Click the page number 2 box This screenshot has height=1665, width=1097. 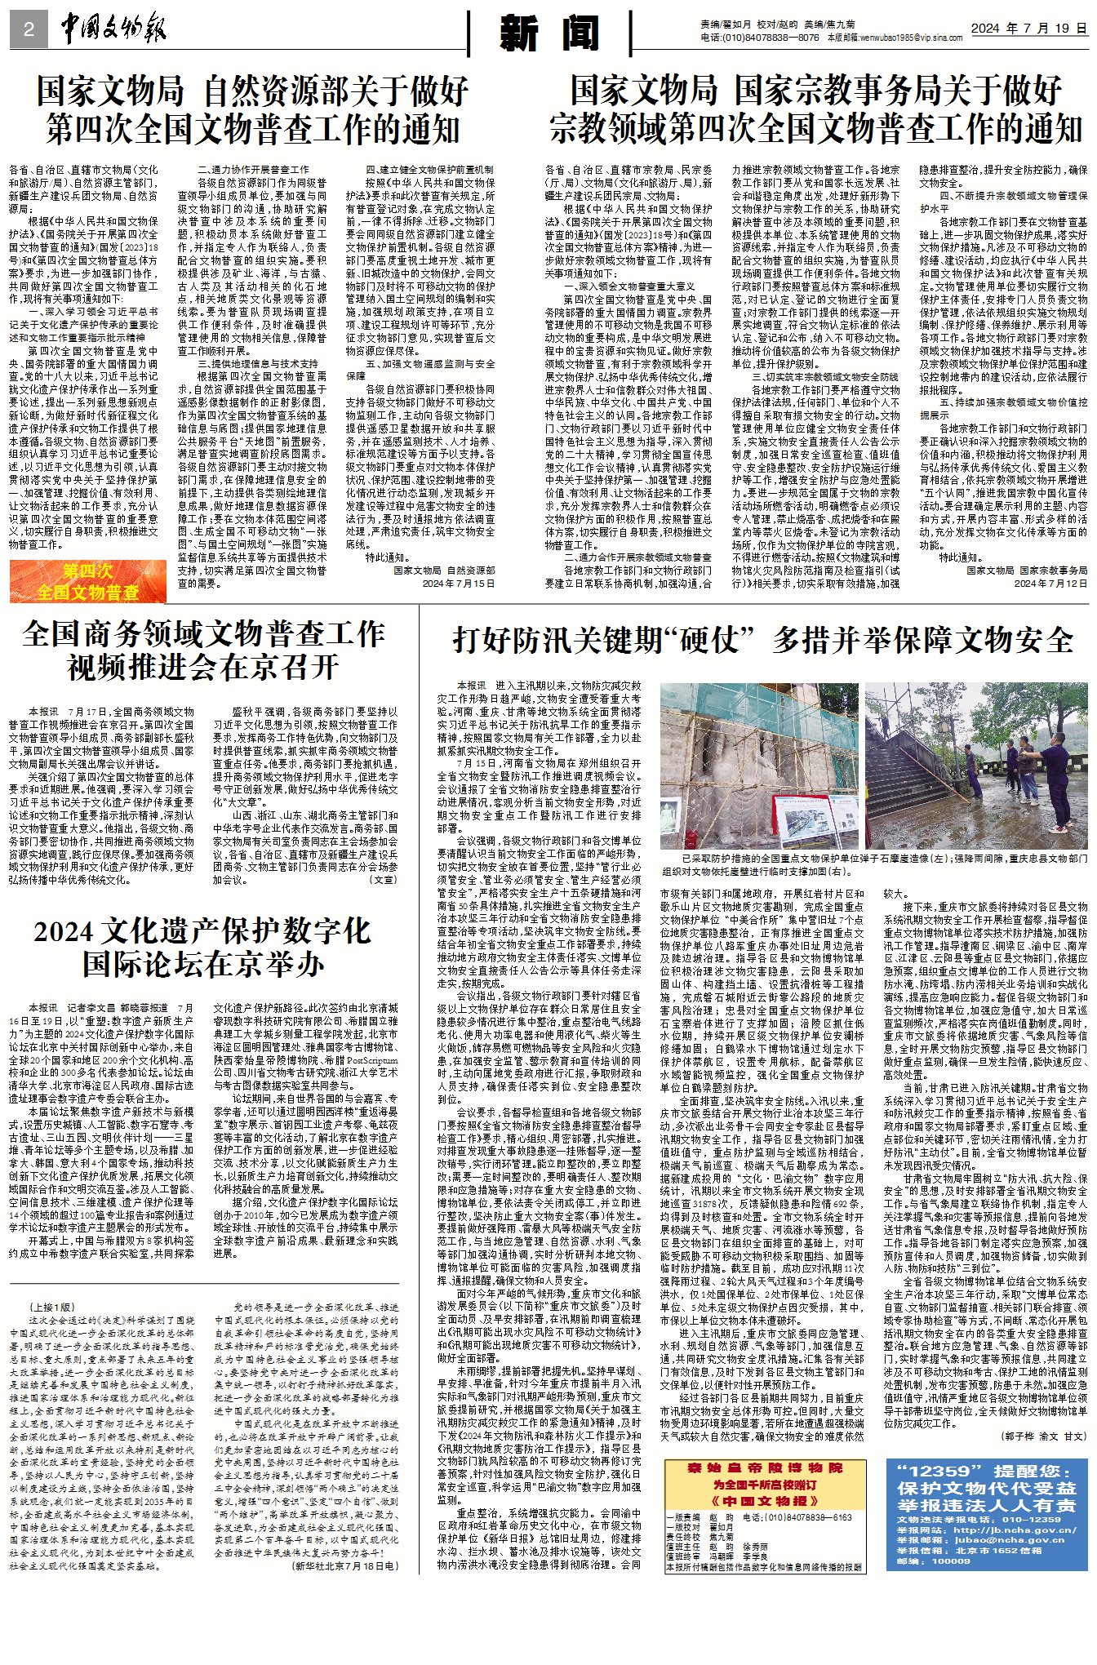[x=29, y=30]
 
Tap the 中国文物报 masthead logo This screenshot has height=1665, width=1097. [x=113, y=30]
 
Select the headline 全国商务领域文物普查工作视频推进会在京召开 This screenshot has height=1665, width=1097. [x=203, y=650]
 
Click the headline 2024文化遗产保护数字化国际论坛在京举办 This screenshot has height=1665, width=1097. [x=203, y=947]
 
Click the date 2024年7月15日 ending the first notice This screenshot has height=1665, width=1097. [x=459, y=584]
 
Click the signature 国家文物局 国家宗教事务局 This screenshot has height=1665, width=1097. [x=1027, y=571]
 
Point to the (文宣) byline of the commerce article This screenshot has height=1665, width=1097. [x=384, y=880]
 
